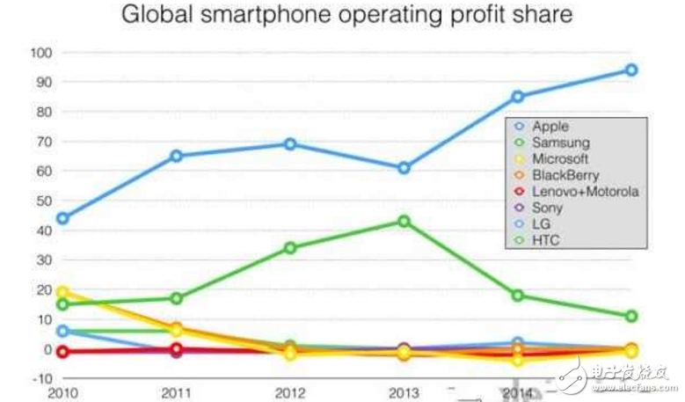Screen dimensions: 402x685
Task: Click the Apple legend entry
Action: tap(550, 127)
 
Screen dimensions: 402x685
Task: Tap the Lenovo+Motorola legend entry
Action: tap(585, 191)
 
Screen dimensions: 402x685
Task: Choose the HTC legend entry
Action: tap(546, 239)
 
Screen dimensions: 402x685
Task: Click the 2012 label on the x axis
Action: tap(290, 392)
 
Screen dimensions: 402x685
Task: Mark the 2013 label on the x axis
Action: tap(404, 392)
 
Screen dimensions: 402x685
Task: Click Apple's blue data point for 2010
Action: tap(62, 218)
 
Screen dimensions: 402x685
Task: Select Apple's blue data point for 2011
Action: tap(177, 156)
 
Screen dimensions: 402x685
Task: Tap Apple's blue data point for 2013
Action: tap(404, 167)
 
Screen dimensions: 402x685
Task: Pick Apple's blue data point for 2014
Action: tap(518, 97)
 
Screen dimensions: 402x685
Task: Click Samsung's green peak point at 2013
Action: tap(404, 221)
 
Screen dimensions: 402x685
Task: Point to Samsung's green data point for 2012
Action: tap(290, 248)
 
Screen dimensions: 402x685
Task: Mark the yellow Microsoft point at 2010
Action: tap(62, 293)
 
